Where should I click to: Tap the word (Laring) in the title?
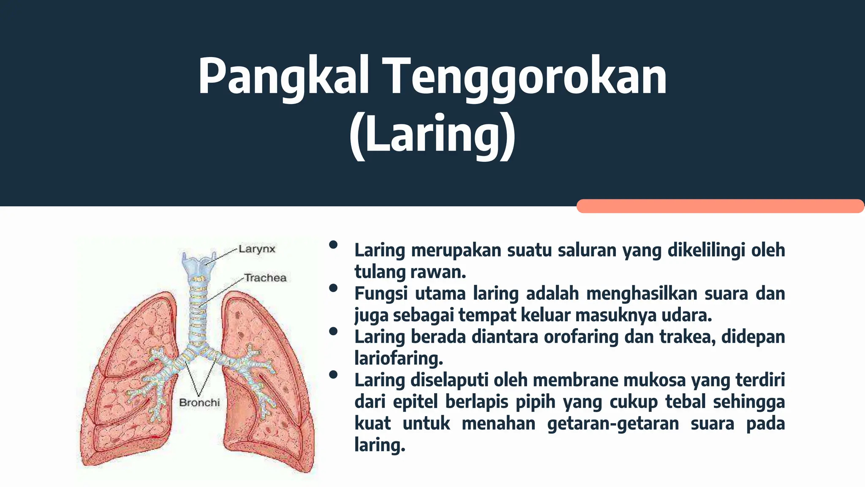click(x=432, y=134)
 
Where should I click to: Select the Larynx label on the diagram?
click(x=257, y=249)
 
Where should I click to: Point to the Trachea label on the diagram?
click(x=265, y=278)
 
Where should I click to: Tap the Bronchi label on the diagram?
click(x=199, y=402)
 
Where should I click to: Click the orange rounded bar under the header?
click(x=720, y=206)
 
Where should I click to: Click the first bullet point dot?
click(x=333, y=244)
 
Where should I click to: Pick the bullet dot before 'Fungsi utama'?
click(x=333, y=288)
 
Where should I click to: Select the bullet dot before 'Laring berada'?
click(x=333, y=331)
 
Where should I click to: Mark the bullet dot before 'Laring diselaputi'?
click(x=333, y=375)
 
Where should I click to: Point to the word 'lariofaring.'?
click(x=399, y=358)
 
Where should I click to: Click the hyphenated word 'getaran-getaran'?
click(x=613, y=423)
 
